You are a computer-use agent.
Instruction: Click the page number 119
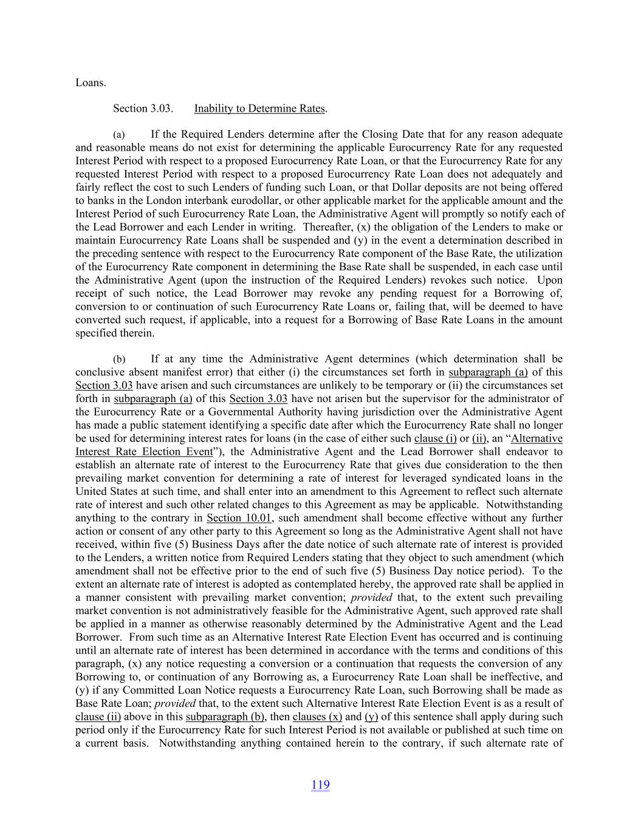pos(320,785)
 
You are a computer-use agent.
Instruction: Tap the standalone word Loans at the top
pos(90,83)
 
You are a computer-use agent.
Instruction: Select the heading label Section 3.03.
pos(143,109)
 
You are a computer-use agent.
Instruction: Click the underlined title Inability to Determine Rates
pos(259,109)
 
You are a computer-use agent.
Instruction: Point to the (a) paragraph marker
pos(118,135)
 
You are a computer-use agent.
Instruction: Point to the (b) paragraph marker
pos(119,360)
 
